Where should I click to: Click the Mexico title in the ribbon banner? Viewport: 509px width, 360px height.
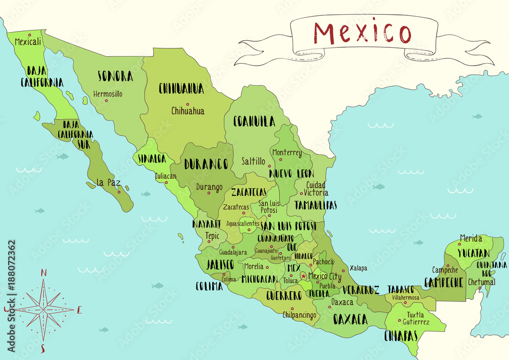[x=362, y=33]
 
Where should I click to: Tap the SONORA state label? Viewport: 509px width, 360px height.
[x=116, y=76]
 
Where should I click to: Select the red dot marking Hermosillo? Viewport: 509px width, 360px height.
[x=106, y=100]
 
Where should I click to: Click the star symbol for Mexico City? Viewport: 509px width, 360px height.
[x=304, y=276]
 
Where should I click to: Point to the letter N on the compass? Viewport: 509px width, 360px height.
[x=44, y=273]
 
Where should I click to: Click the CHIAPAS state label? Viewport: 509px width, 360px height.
[x=401, y=336]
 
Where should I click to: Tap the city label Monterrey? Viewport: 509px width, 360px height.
[x=287, y=153]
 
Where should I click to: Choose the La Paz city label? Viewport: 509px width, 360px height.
[x=108, y=182]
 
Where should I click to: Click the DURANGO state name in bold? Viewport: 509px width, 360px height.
[x=206, y=164]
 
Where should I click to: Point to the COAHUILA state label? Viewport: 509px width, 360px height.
[x=254, y=121]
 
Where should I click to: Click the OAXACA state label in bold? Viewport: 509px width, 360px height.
[x=350, y=319]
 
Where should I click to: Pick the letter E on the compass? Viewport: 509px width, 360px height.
[x=79, y=310]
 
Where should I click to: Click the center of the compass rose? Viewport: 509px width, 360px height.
[x=44, y=309]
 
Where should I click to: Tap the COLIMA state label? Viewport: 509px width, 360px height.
[x=209, y=286]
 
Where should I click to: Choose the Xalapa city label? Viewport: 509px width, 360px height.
[x=358, y=268]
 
